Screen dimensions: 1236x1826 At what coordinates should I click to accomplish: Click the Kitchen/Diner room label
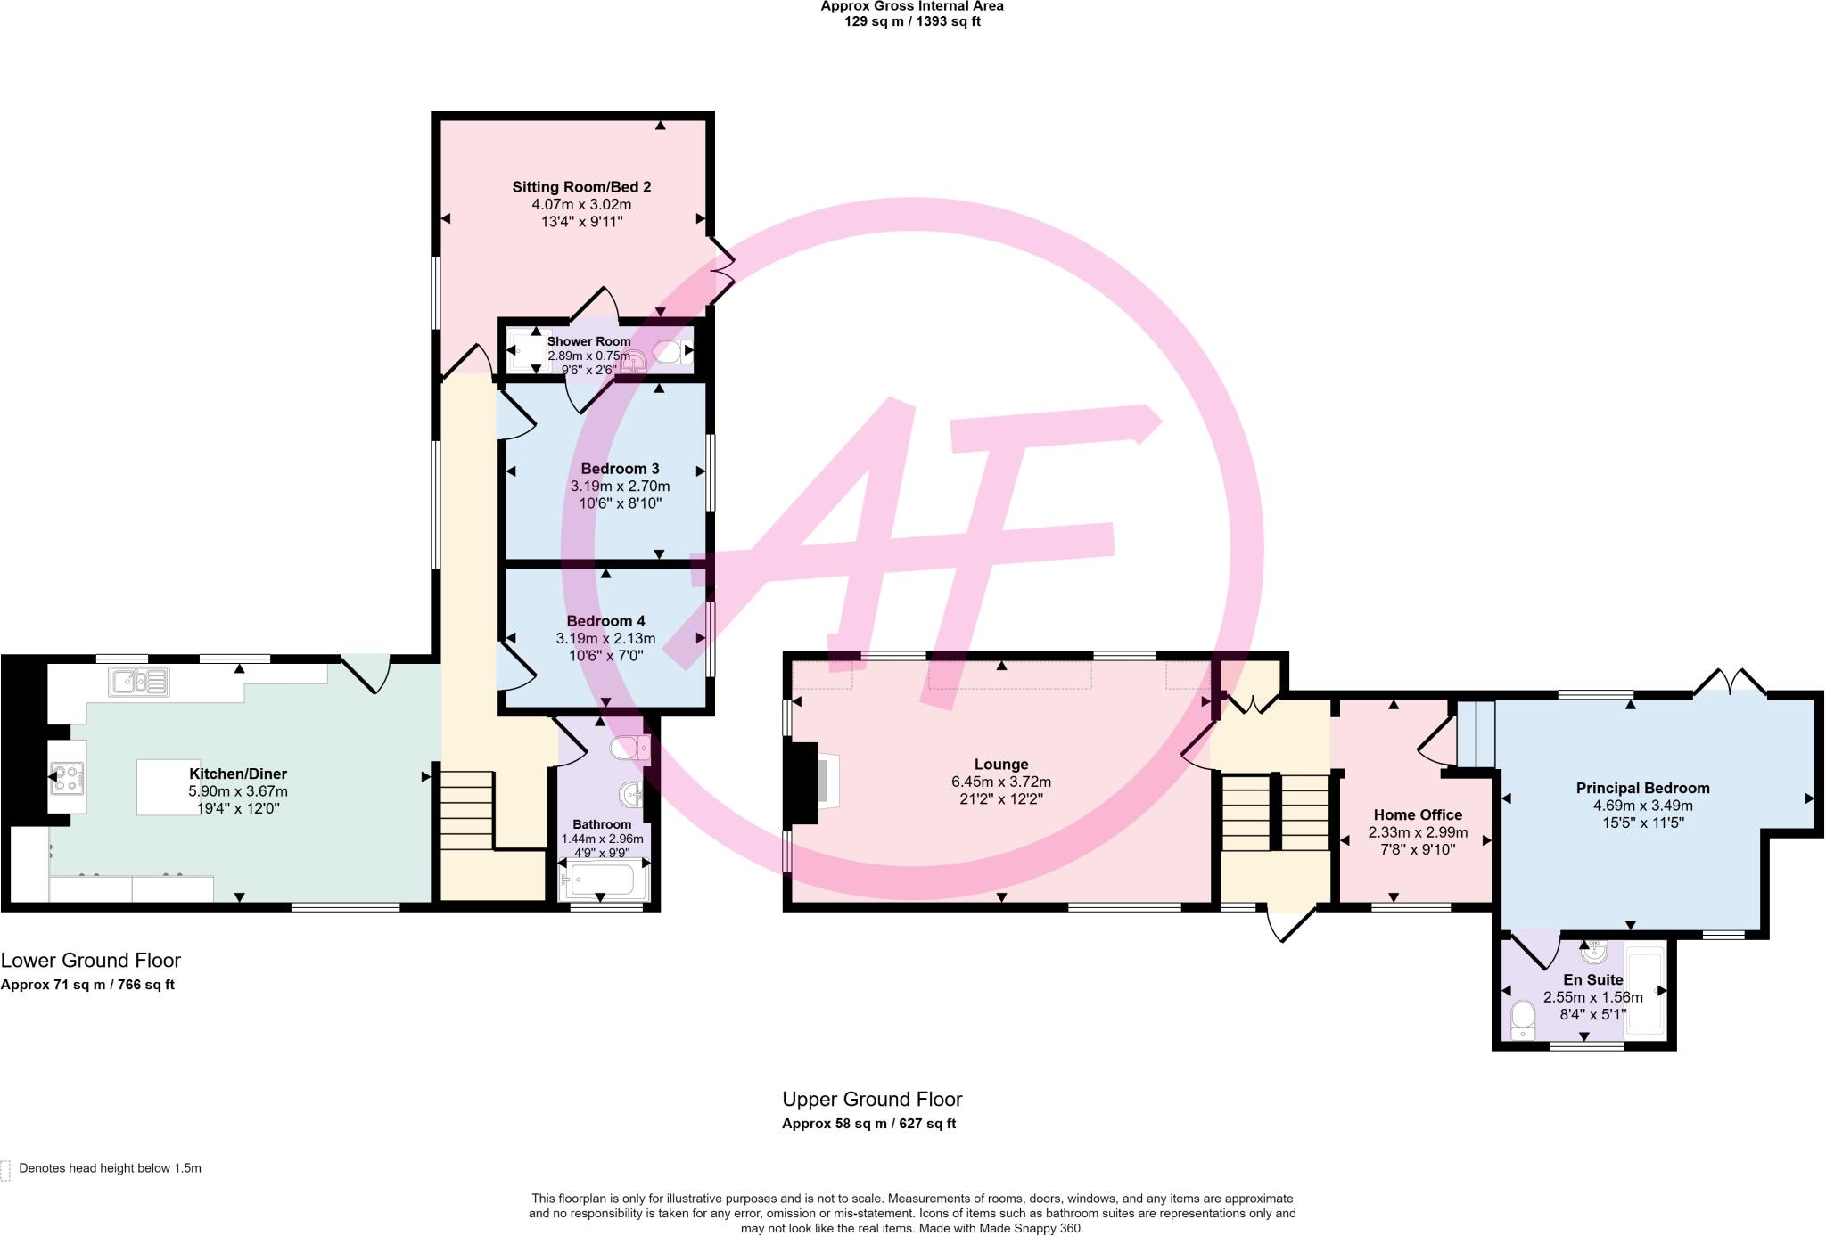click(x=237, y=774)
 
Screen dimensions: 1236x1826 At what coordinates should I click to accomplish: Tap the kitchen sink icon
click(x=139, y=682)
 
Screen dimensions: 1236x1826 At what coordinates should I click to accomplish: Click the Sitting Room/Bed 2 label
click(x=581, y=187)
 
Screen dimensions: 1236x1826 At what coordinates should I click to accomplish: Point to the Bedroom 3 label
click(x=620, y=469)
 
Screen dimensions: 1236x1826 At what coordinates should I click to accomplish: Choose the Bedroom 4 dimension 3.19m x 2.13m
click(x=605, y=638)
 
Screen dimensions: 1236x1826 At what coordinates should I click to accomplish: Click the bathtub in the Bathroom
click(x=601, y=882)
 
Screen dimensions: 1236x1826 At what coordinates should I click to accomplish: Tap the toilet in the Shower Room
click(x=670, y=351)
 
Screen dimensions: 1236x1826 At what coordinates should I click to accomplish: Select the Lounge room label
click(x=1001, y=765)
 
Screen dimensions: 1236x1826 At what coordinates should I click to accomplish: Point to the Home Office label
click(x=1418, y=814)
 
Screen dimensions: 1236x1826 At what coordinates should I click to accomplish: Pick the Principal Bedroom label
click(x=1642, y=788)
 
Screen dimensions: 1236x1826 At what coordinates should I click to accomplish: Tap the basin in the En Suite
click(x=1593, y=953)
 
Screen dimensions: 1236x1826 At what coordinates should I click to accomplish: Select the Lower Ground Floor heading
click(x=91, y=961)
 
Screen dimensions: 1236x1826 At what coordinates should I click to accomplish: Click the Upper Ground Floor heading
click(x=872, y=1100)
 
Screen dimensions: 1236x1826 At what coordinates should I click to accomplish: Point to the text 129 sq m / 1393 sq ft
click(x=912, y=21)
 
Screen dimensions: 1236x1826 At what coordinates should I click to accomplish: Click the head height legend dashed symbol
click(x=5, y=1169)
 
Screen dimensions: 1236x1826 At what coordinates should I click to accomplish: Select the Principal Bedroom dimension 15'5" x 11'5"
click(x=1642, y=823)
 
